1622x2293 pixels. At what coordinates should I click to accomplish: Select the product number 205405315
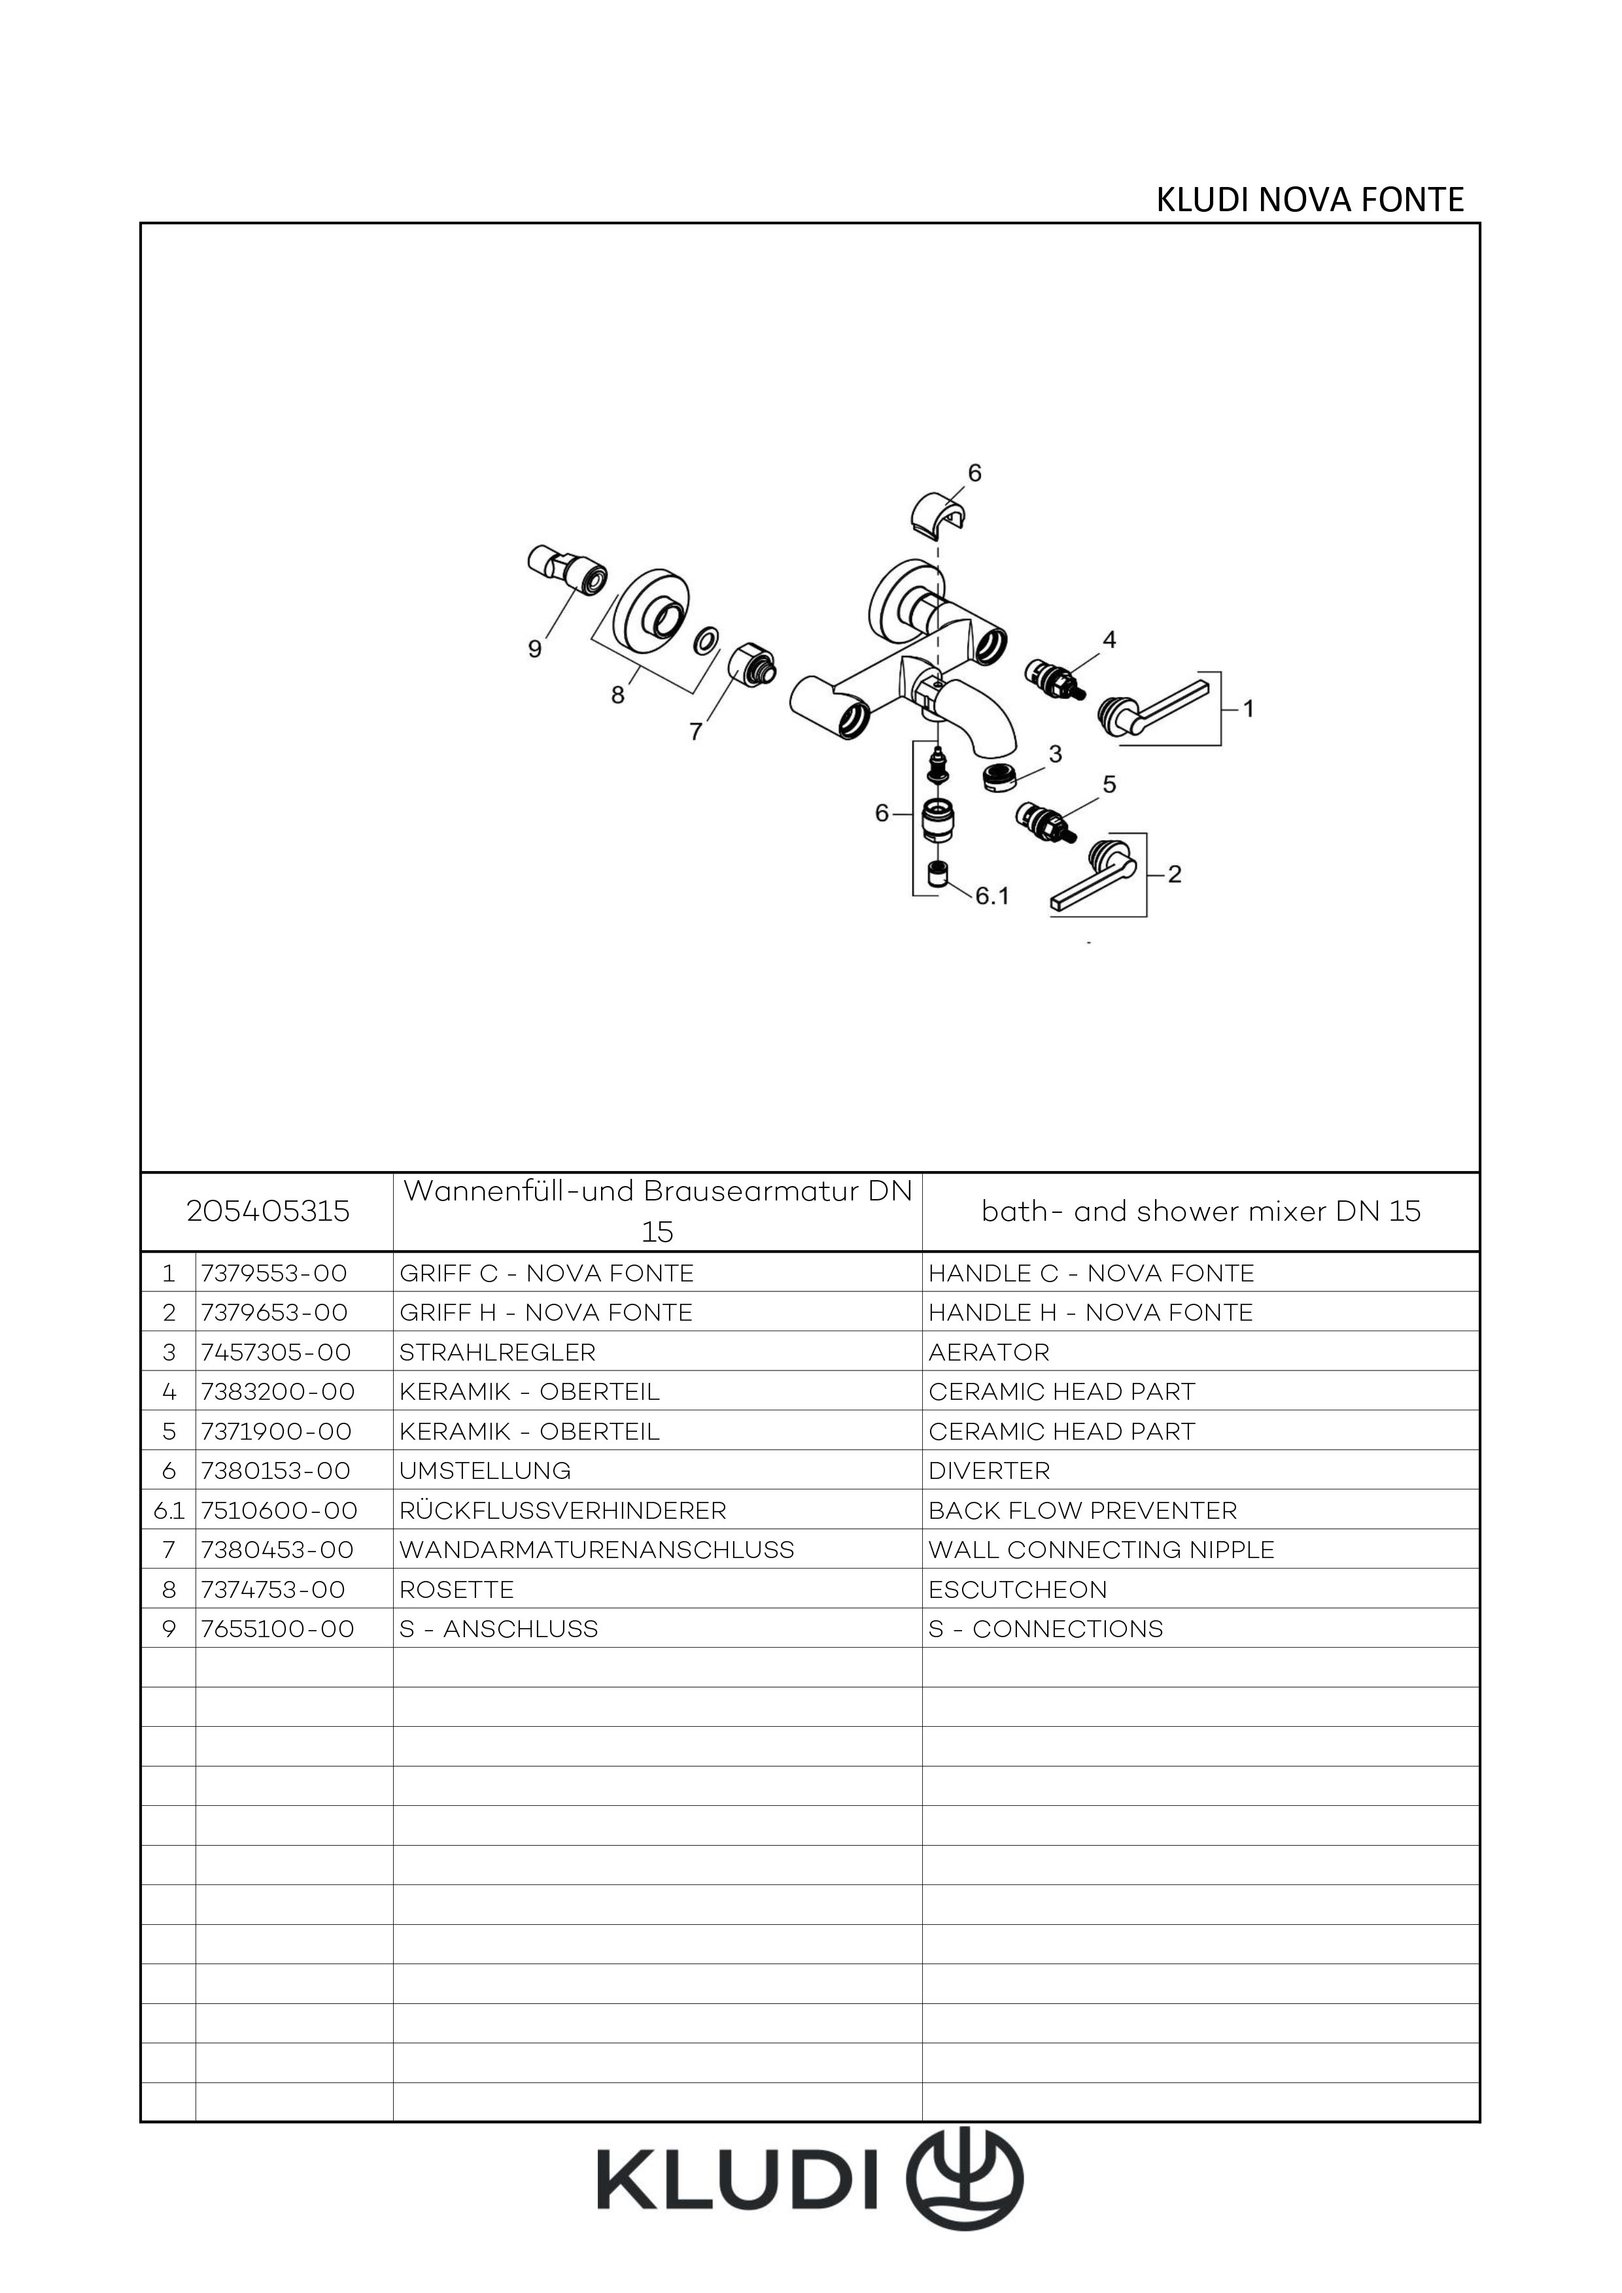[267, 1212]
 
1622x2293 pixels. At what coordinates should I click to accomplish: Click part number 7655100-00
[278, 1629]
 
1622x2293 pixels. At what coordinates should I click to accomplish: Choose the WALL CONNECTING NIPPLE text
[1101, 1550]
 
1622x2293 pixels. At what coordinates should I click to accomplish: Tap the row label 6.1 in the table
[169, 1511]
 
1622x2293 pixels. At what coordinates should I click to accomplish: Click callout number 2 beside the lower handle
[1175, 874]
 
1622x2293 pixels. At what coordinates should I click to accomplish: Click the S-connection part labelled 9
[567, 569]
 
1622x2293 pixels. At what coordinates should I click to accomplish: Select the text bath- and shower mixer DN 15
[1201, 1212]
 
